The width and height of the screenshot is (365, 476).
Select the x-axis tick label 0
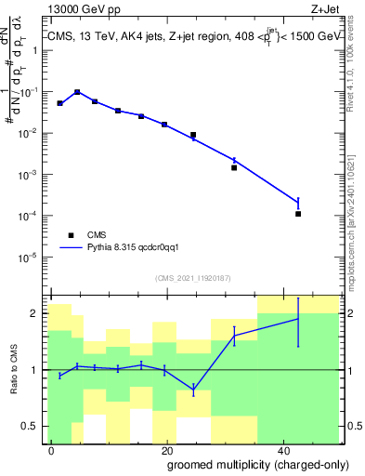tap(51, 449)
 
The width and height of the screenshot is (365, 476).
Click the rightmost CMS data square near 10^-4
tap(298, 214)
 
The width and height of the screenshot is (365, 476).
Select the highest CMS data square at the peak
tap(77, 92)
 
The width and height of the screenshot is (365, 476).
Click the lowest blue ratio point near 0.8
tap(193, 389)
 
